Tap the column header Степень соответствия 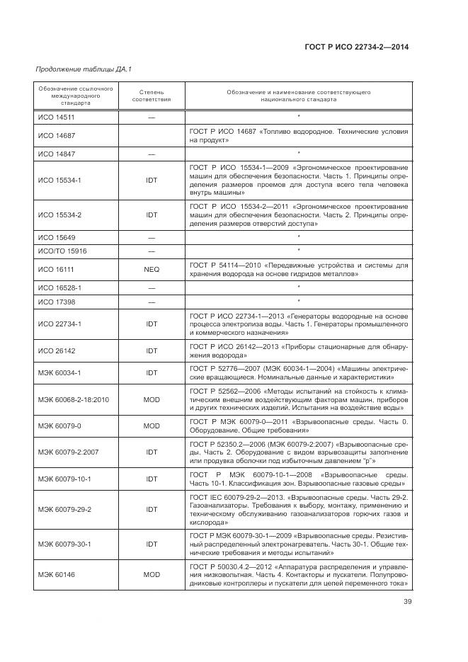tap(152, 96)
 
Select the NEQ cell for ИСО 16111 tap(152, 270)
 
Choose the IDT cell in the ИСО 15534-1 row tap(152, 180)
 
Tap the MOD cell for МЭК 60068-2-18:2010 tap(152, 399)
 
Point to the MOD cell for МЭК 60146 tap(152, 574)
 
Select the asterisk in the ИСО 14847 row tap(299, 153)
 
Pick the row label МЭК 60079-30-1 tap(64, 544)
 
